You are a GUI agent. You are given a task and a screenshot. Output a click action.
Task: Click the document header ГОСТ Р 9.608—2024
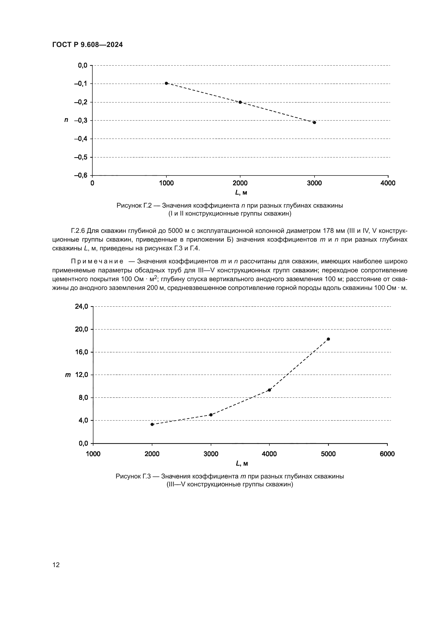(87, 45)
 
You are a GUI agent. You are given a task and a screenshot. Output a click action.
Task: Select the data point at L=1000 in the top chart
(166, 83)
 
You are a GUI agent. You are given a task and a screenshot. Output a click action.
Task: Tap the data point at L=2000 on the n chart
(240, 102)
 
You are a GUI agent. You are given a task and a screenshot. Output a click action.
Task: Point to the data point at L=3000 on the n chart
(314, 122)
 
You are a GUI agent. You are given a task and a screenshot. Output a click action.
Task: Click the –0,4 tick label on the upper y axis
(81, 139)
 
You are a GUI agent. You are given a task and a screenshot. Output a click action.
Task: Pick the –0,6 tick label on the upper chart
(81, 175)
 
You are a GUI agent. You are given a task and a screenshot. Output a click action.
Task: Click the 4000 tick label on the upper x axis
(388, 183)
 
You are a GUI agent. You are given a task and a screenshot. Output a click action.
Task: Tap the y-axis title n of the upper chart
(66, 120)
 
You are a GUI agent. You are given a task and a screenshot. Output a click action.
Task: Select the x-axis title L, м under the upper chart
(240, 192)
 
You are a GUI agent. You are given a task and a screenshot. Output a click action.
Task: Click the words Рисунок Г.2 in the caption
(134, 205)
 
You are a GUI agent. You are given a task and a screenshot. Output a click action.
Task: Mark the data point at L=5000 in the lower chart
(328, 339)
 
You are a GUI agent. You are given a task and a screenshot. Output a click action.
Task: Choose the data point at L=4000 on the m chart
(269, 390)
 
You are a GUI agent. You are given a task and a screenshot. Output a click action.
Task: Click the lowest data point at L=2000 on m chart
(152, 424)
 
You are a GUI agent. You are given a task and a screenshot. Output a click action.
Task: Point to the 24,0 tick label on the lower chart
(81, 306)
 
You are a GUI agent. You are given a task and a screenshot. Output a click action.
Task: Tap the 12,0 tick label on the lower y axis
(81, 375)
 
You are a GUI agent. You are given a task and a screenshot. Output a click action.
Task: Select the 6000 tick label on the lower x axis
(387, 454)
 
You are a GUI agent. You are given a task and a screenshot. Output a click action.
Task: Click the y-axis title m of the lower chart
(68, 375)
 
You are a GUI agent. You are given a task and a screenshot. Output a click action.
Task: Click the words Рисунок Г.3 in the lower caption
(133, 476)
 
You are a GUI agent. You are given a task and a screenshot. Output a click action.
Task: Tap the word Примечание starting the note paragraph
(97, 261)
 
